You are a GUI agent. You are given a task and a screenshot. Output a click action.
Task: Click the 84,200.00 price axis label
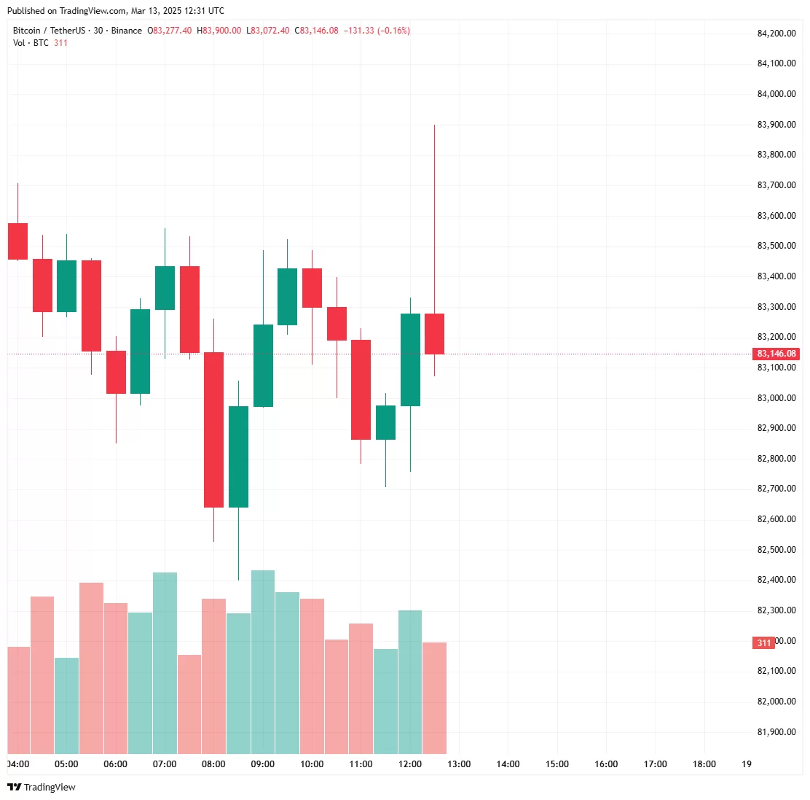pyautogui.click(x=776, y=33)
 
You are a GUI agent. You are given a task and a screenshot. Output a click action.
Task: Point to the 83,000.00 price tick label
pyautogui.click(x=776, y=398)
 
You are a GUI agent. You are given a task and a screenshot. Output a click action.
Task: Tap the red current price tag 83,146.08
pyautogui.click(x=776, y=354)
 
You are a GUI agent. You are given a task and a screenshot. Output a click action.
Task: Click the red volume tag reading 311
pyautogui.click(x=763, y=643)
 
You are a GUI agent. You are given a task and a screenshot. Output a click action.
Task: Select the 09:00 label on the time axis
pyautogui.click(x=262, y=764)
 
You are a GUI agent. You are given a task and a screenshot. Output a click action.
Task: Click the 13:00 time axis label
pyautogui.click(x=459, y=764)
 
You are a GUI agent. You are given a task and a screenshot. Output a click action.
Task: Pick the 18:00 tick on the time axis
pyautogui.click(x=704, y=764)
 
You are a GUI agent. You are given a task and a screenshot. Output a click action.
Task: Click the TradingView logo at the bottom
pyautogui.click(x=42, y=787)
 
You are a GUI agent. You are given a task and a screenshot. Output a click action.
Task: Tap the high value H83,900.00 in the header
pyautogui.click(x=219, y=31)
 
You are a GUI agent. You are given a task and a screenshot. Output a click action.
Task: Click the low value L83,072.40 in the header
pyautogui.click(x=267, y=31)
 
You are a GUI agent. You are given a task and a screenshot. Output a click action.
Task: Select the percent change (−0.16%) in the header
pyautogui.click(x=393, y=31)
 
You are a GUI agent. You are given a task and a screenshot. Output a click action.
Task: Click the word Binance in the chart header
pyautogui.click(x=127, y=31)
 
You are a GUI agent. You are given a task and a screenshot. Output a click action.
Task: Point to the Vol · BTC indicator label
pyautogui.click(x=31, y=43)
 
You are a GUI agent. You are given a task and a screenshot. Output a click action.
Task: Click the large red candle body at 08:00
pyautogui.click(x=213, y=430)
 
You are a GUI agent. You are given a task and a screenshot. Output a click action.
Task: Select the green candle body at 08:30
pyautogui.click(x=238, y=457)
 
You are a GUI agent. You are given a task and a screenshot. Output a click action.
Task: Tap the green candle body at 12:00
pyautogui.click(x=410, y=360)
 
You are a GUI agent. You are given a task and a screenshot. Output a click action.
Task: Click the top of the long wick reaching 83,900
pyautogui.click(x=434, y=126)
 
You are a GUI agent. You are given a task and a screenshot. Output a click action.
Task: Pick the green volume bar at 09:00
pyautogui.click(x=263, y=662)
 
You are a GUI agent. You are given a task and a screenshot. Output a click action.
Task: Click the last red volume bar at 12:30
pyautogui.click(x=434, y=698)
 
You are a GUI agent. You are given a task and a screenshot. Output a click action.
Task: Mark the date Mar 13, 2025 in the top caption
pyautogui.click(x=158, y=11)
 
